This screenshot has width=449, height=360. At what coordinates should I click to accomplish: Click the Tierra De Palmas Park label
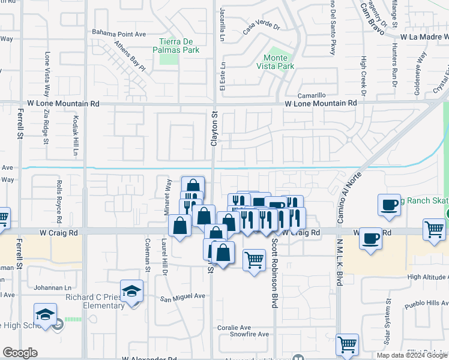point(179,46)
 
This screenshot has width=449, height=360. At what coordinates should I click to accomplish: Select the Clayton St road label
point(214,128)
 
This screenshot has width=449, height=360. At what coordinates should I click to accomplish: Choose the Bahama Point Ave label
point(119,34)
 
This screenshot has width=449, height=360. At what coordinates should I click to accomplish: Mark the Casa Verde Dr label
point(262,27)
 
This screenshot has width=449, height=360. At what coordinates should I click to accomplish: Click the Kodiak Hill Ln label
point(76,135)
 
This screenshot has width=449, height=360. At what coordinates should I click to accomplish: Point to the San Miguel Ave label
point(182,296)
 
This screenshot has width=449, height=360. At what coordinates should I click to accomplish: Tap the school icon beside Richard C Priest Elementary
point(132,292)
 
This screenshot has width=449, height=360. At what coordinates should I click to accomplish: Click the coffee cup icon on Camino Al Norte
point(370,238)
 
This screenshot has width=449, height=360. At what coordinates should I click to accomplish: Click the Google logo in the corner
point(20,353)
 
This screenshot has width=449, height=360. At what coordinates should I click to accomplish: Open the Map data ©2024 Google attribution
point(412,355)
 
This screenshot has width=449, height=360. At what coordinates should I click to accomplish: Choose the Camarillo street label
point(312,95)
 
